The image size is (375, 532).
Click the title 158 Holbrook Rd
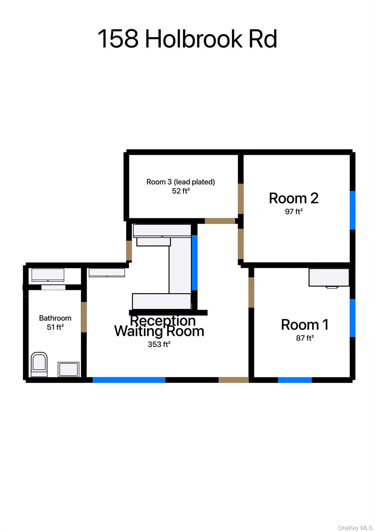tap(187, 39)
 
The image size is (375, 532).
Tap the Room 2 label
tap(293, 198)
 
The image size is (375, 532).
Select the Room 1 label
tap(304, 325)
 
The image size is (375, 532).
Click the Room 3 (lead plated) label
tap(181, 182)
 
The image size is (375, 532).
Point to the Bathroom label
tap(55, 318)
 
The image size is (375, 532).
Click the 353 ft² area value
tap(159, 344)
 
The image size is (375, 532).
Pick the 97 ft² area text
tap(294, 211)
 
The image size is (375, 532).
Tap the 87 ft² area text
tap(305, 338)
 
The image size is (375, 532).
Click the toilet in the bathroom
tap(39, 364)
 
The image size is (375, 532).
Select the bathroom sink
tap(68, 369)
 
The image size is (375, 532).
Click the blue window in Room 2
tap(353, 210)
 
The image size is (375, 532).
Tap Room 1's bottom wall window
tap(294, 380)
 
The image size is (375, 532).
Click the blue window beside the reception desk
tap(194, 263)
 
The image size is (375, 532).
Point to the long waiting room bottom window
tap(129, 380)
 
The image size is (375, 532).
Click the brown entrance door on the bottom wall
tap(234, 380)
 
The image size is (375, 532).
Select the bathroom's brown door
tap(84, 317)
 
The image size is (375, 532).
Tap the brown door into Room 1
tap(251, 292)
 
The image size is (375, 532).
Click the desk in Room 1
tap(329, 277)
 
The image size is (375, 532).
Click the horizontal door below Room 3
tap(220, 221)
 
